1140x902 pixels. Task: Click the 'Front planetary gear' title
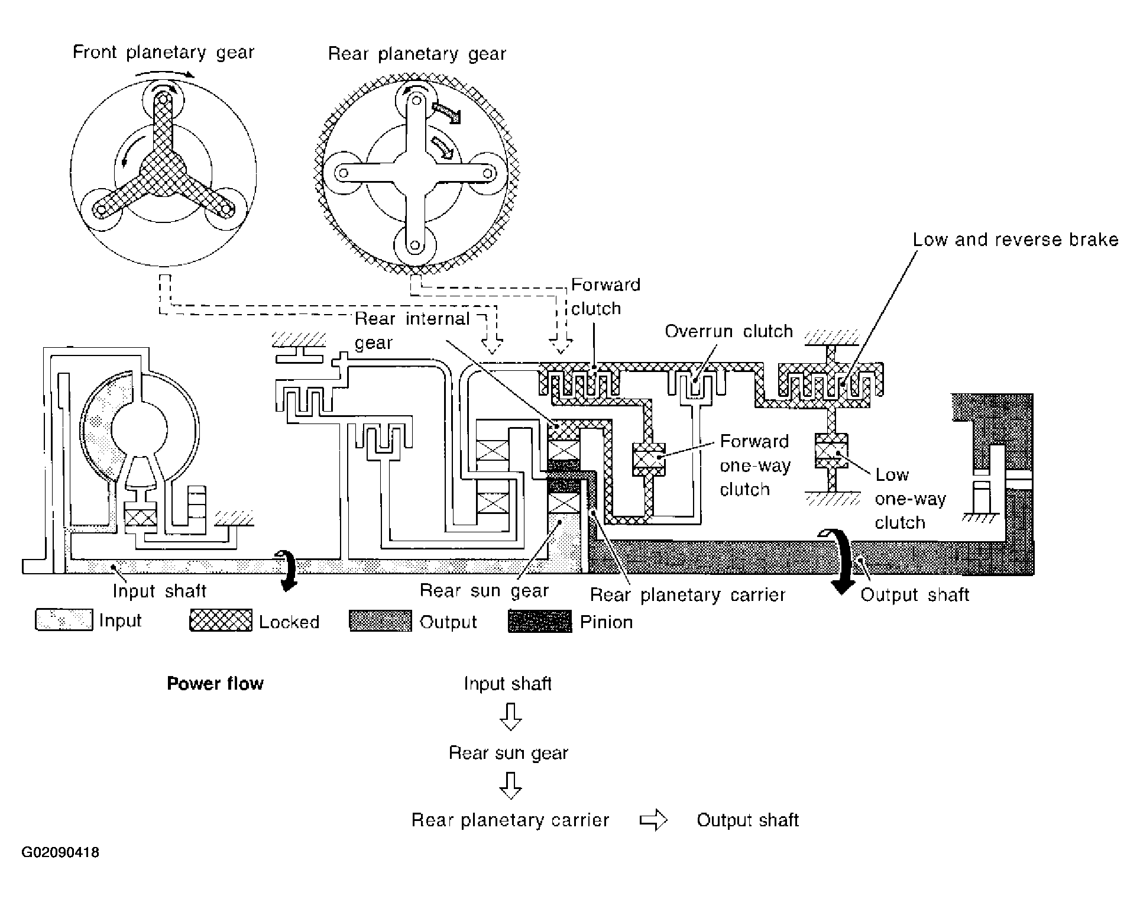click(x=163, y=53)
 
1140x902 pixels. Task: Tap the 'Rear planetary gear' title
click(x=417, y=54)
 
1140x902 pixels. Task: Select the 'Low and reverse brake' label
click(x=1015, y=240)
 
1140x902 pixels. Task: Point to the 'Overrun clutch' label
click(x=728, y=331)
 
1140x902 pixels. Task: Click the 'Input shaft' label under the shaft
click(x=159, y=591)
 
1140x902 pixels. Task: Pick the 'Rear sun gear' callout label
click(x=484, y=591)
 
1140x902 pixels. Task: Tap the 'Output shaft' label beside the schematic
click(x=915, y=594)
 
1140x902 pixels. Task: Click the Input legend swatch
click(x=64, y=620)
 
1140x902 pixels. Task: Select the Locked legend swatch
click(x=221, y=620)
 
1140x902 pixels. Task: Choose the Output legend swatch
click(x=380, y=621)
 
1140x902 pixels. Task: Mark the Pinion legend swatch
click(x=540, y=621)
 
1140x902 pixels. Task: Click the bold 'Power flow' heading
click(x=215, y=684)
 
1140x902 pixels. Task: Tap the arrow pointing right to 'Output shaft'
click(x=653, y=820)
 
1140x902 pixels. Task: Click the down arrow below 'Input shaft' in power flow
click(x=510, y=716)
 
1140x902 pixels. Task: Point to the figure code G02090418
click(x=60, y=853)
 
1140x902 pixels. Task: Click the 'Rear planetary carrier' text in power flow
click(x=510, y=820)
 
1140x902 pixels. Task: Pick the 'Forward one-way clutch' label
click(x=754, y=465)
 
